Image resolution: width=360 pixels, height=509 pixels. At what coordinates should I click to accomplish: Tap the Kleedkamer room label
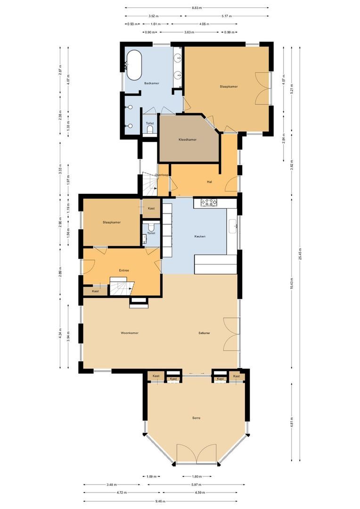(187, 140)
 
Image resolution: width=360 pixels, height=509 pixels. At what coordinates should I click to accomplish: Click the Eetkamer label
(204, 333)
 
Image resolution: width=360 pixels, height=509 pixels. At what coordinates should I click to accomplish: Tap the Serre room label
(196, 418)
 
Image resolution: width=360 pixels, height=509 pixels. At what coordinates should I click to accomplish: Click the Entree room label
(124, 270)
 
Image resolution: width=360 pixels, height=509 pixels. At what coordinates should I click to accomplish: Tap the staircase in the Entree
(122, 286)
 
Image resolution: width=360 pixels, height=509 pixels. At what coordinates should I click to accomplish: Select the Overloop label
(162, 175)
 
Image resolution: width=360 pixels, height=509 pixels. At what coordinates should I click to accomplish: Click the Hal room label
(210, 181)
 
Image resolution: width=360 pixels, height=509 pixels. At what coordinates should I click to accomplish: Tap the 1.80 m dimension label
(197, 476)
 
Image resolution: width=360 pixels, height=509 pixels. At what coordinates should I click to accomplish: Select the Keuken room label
(200, 236)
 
